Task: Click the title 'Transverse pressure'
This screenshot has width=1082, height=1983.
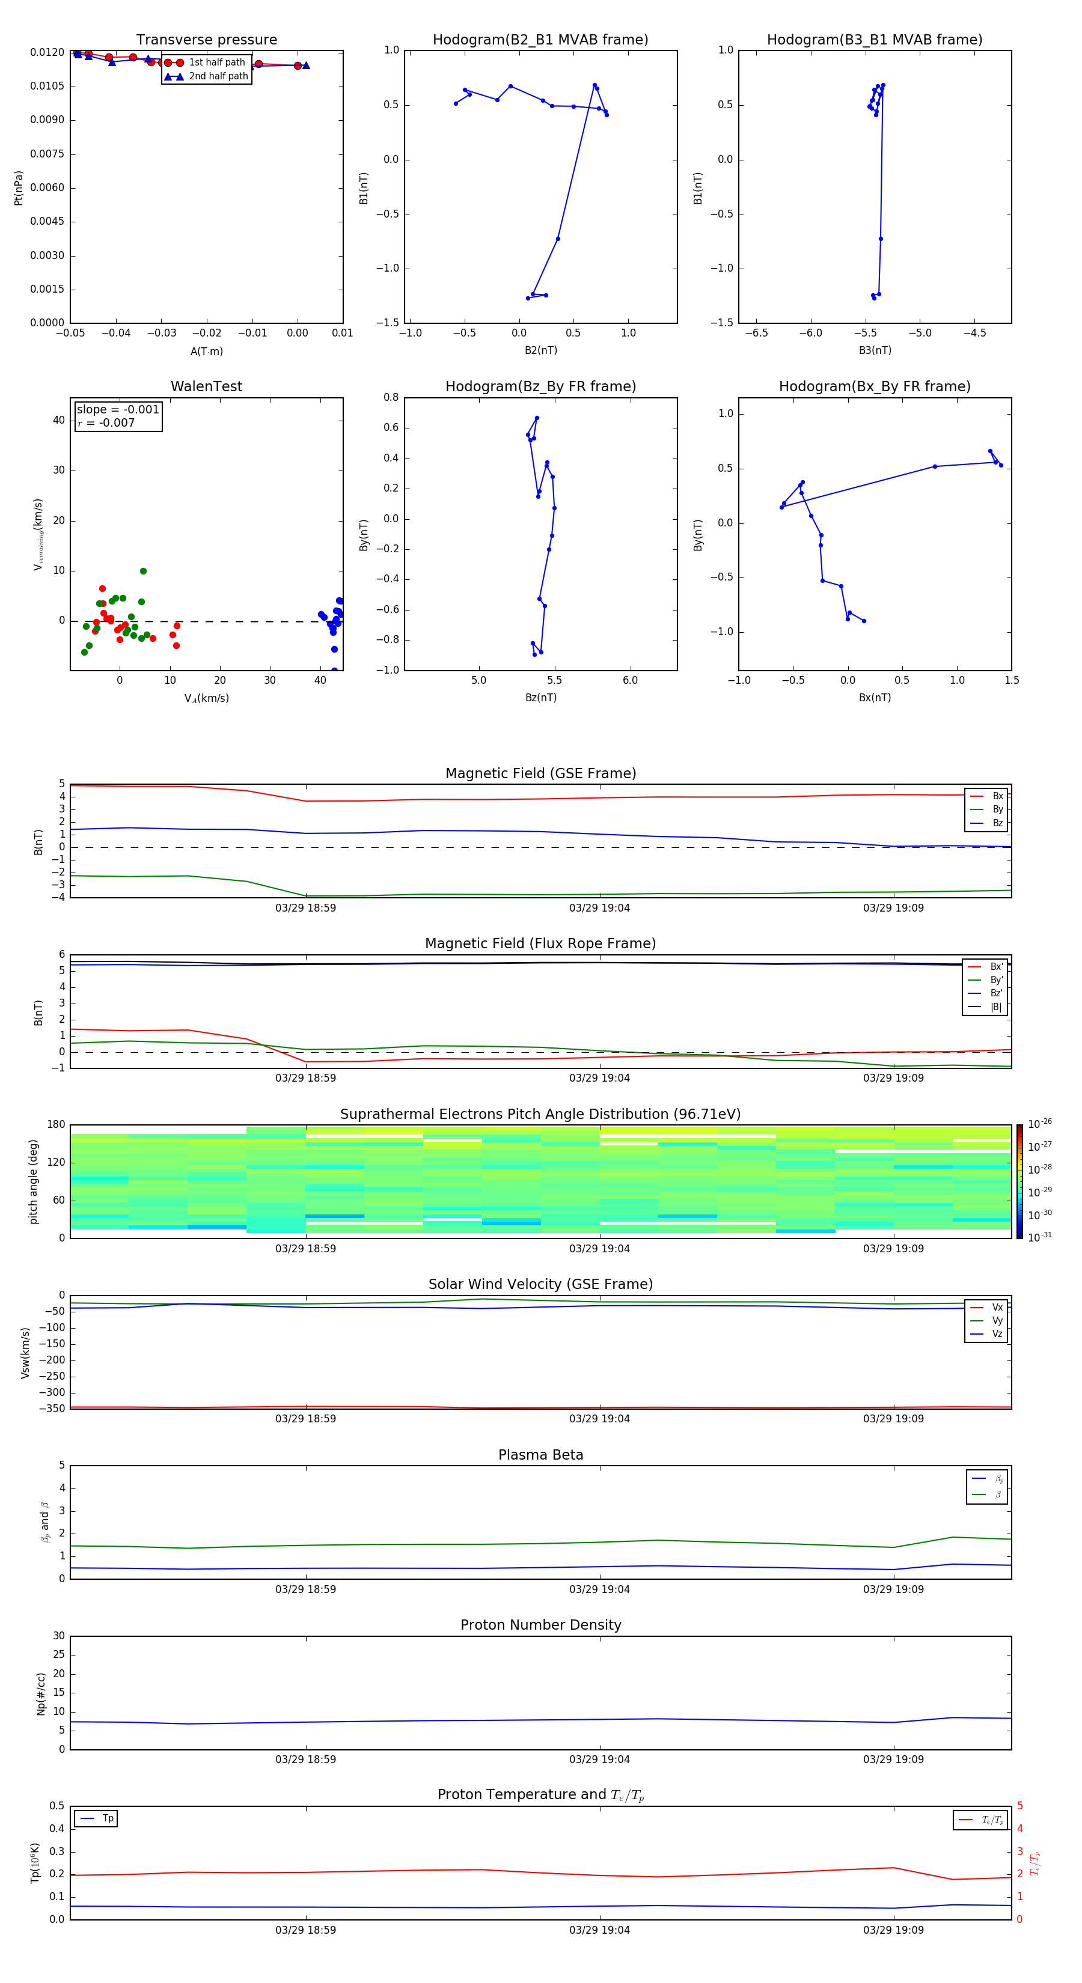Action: (x=206, y=40)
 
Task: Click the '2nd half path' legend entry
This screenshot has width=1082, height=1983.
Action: (x=218, y=76)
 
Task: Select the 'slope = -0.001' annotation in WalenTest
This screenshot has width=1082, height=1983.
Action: (x=118, y=410)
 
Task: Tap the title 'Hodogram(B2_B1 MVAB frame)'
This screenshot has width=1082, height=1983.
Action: (x=540, y=40)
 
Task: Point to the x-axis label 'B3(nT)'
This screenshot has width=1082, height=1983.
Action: (x=875, y=350)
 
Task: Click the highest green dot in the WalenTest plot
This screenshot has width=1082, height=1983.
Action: (x=143, y=571)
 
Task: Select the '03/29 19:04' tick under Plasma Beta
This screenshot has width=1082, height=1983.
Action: (x=599, y=1589)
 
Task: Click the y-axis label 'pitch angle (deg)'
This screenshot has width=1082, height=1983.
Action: (x=33, y=1181)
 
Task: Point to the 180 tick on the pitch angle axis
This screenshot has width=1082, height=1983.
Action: (x=57, y=1125)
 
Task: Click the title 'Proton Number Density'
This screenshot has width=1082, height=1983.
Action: (x=540, y=1625)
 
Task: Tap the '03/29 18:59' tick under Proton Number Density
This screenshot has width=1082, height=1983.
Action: (x=306, y=1759)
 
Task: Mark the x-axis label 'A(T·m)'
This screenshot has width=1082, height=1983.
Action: (x=206, y=352)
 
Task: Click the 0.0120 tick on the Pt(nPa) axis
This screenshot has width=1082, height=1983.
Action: (x=47, y=52)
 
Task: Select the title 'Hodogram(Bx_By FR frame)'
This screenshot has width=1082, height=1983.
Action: (x=874, y=386)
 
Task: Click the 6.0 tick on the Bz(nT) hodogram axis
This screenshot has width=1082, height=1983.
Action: (x=630, y=680)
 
